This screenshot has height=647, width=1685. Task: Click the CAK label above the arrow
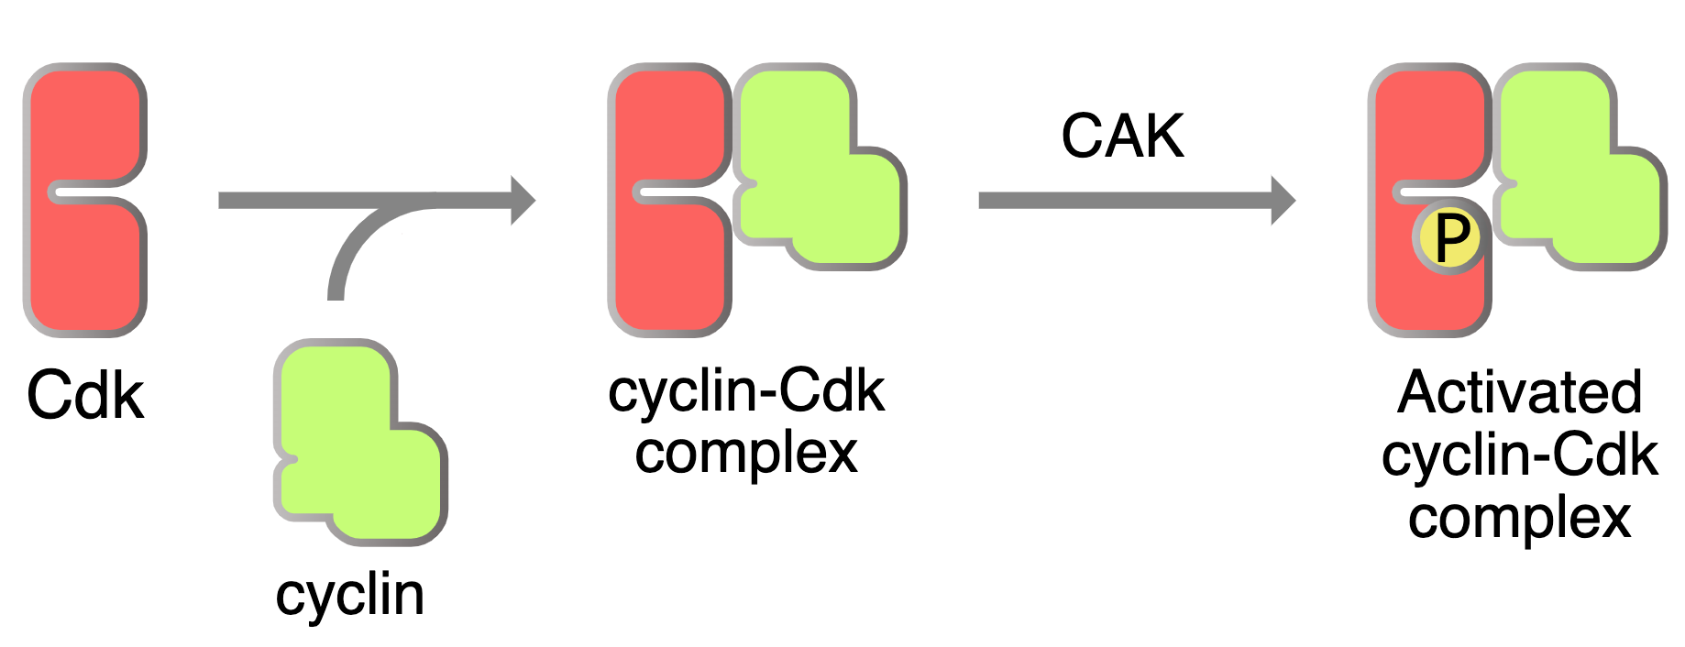(1122, 137)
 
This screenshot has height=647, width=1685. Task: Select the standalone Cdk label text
(85, 396)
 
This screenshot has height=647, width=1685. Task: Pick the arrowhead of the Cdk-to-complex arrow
(523, 200)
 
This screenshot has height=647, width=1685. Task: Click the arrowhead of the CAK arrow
(1283, 200)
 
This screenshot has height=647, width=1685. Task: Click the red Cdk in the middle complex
(669, 266)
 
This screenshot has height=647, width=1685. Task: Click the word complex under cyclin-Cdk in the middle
(746, 453)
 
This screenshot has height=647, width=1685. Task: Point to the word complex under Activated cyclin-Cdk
(1519, 518)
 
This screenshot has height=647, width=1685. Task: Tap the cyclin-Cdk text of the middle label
(746, 391)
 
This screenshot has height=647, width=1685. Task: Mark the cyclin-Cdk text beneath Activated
(1519, 455)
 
